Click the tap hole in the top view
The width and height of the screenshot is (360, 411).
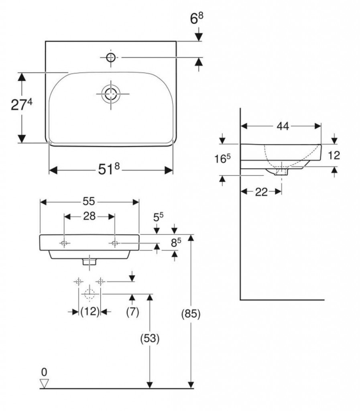[x=111, y=57]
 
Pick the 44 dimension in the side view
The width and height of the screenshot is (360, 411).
[x=283, y=126]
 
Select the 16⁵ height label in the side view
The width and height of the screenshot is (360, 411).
[x=222, y=159]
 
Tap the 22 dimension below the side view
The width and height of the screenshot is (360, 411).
[x=261, y=192]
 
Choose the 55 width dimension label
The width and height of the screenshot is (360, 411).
[x=89, y=201]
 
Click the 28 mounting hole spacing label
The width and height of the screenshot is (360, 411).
[x=89, y=217]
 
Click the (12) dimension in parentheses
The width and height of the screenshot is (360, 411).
[x=89, y=312]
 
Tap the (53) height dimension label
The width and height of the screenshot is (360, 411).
[x=149, y=339]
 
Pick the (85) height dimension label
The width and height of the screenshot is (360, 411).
[x=191, y=314]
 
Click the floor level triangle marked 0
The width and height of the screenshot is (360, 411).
[x=44, y=384]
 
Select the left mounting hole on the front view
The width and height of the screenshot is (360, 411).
[x=65, y=243]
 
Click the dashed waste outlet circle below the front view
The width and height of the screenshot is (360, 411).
[x=89, y=293]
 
